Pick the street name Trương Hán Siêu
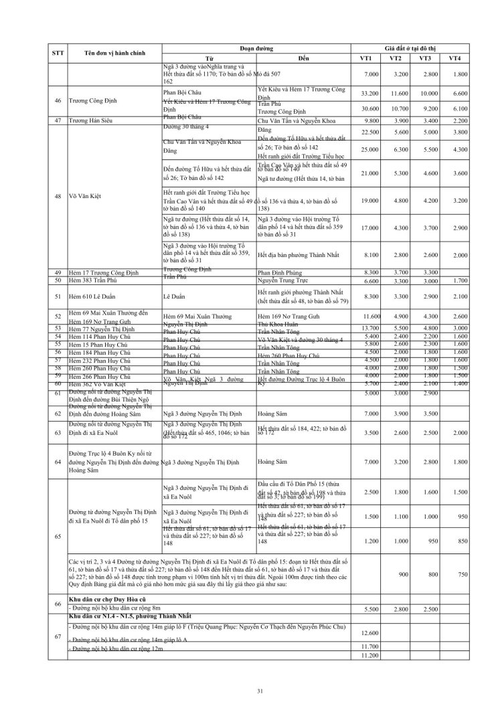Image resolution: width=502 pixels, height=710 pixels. click(x=93, y=120)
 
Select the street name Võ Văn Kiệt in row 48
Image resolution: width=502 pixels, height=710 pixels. click(x=88, y=196)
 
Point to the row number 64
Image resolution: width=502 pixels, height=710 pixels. click(x=58, y=462)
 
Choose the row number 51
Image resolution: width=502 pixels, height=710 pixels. click(x=58, y=296)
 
